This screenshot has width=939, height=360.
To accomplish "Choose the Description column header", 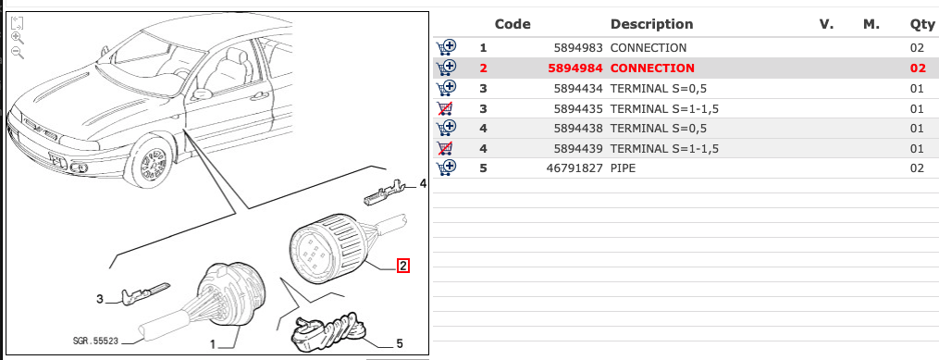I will (x=651, y=24).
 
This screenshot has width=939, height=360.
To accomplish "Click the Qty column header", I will (x=922, y=24).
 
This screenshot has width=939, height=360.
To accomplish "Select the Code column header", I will (x=513, y=24).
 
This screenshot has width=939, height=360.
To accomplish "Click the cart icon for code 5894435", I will (x=447, y=108).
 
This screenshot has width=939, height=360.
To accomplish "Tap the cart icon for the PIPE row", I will (x=447, y=168).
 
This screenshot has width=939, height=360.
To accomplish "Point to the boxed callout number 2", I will (x=403, y=267).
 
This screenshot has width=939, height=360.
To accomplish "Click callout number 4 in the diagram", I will (x=422, y=184).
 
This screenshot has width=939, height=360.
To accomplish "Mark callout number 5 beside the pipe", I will (x=399, y=343).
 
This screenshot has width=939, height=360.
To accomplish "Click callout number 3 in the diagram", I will (x=100, y=299).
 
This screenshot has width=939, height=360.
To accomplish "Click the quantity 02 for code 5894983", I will (x=918, y=47).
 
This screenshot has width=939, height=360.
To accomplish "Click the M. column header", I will (x=871, y=24).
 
